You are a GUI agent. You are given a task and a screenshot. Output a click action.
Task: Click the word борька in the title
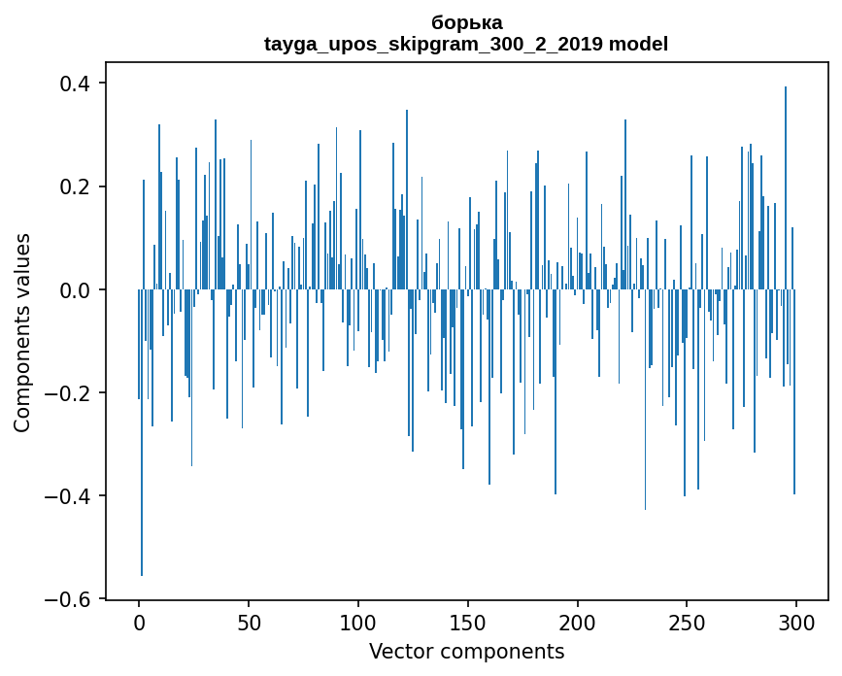(466, 22)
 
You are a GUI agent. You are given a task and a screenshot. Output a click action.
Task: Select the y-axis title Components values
(22, 332)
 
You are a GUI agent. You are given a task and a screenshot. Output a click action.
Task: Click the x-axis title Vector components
(466, 651)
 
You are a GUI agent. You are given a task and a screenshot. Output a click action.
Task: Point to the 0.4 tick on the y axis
(78, 84)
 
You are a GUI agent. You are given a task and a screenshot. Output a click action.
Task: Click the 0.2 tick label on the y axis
(78, 186)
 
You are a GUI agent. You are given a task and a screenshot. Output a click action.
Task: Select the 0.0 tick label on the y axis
(78, 289)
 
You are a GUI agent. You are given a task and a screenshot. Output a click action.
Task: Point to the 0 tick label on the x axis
(139, 623)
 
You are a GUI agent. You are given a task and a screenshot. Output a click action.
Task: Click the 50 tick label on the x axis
(249, 623)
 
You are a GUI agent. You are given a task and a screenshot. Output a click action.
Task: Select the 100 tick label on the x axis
(358, 623)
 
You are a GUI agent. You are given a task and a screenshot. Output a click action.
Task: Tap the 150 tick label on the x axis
(468, 623)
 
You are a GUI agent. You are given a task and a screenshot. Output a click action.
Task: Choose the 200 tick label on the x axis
(578, 623)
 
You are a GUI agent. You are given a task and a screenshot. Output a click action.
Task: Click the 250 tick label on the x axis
(688, 623)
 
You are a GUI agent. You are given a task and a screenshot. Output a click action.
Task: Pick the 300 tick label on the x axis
(796, 623)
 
